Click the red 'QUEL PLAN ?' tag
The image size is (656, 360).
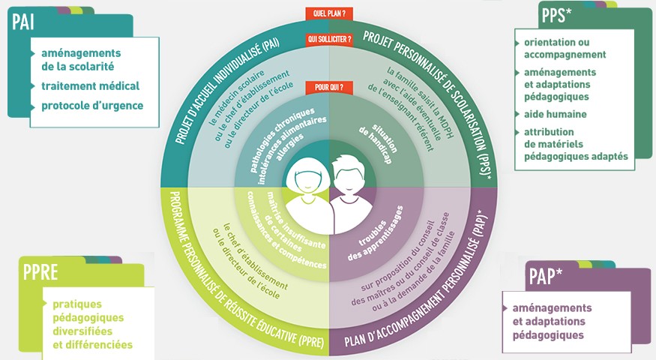click(329, 13)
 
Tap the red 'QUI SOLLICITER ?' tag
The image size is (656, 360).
click(329, 38)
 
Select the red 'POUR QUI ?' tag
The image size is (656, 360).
click(329, 88)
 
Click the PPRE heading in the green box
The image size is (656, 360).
click(40, 272)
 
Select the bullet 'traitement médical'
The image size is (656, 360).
click(90, 86)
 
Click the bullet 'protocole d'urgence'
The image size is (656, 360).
click(92, 106)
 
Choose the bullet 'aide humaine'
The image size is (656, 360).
click(556, 114)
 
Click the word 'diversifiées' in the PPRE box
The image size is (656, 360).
click(82, 331)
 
